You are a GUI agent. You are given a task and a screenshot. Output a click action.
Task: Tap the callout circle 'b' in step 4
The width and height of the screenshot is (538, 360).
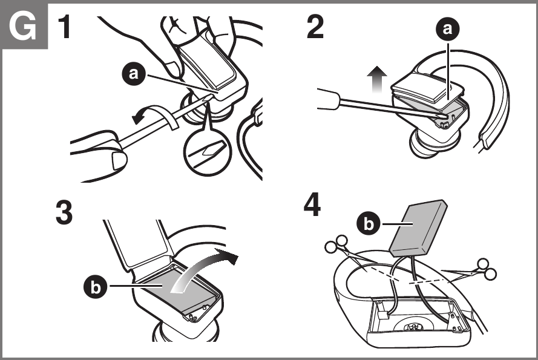367,223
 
